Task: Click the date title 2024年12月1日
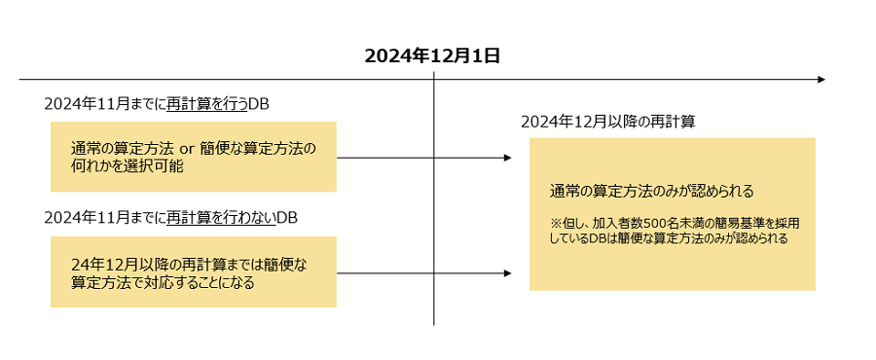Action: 432,55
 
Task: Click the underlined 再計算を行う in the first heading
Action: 207,103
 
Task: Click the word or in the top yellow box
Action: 187,148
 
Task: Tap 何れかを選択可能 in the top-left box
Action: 128,166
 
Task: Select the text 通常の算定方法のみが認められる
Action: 652,190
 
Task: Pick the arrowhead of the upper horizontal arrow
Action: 506,157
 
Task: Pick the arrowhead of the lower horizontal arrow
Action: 506,273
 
